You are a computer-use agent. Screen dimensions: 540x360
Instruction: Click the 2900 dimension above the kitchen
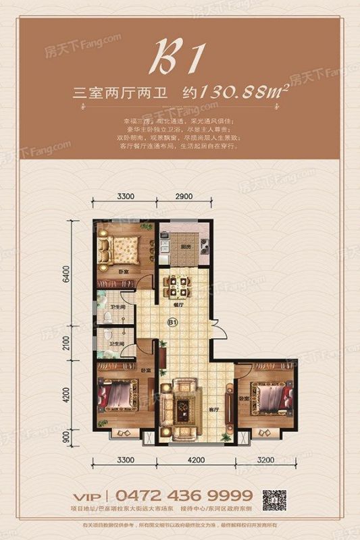(x=184, y=197)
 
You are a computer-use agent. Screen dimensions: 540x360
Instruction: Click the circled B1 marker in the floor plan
(x=173, y=323)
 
